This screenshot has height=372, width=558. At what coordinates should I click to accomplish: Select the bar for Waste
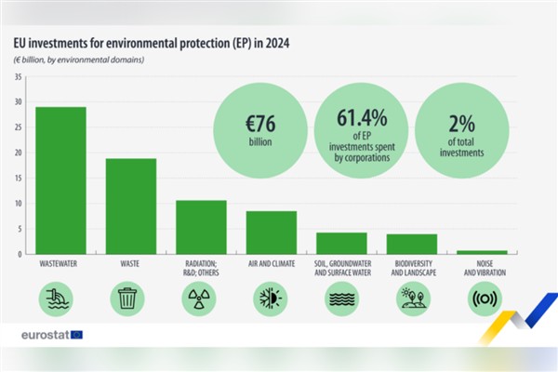pyautogui.click(x=131, y=206)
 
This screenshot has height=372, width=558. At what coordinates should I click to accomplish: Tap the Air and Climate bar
pyautogui.click(x=271, y=232)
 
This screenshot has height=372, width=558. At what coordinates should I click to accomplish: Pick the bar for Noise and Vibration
pyautogui.click(x=482, y=251)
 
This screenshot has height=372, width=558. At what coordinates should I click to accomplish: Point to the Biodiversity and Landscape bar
pyautogui.click(x=411, y=244)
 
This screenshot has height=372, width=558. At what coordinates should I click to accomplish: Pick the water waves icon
pyautogui.click(x=341, y=298)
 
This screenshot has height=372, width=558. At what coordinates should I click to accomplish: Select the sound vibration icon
pyautogui.click(x=482, y=298)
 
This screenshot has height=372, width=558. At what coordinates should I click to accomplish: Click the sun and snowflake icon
pyautogui.click(x=271, y=298)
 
